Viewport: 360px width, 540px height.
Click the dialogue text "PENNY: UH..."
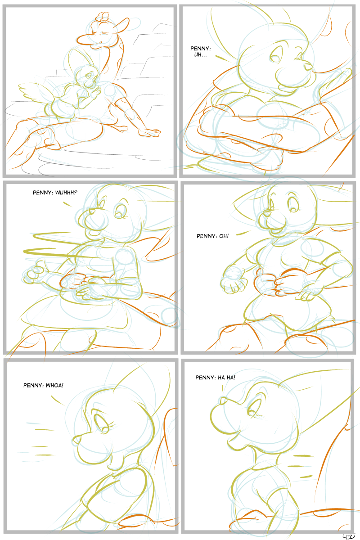(x=200, y=52)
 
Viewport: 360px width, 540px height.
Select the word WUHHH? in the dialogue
(x=66, y=193)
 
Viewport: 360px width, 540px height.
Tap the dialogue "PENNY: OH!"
(x=212, y=236)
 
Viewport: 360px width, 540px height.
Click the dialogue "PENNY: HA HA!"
(x=215, y=377)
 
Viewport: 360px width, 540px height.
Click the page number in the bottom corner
(x=348, y=536)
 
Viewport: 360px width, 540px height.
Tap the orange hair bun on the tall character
(x=102, y=18)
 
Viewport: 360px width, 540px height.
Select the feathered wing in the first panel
(x=36, y=93)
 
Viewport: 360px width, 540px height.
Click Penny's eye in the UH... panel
(x=275, y=57)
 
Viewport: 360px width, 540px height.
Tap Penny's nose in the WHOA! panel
(x=76, y=439)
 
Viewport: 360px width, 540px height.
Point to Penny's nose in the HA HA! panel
(x=223, y=400)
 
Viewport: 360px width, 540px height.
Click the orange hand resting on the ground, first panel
(x=149, y=132)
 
